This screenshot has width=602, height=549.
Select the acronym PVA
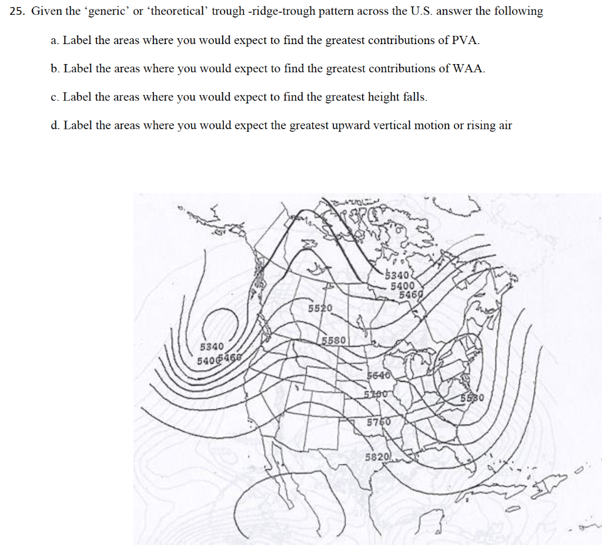(x=466, y=41)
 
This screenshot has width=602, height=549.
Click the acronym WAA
(x=469, y=69)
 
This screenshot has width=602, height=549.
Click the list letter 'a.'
(x=55, y=41)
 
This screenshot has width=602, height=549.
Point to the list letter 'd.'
(x=55, y=125)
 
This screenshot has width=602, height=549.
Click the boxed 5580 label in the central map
(x=335, y=340)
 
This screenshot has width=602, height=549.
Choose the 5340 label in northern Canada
(x=397, y=275)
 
